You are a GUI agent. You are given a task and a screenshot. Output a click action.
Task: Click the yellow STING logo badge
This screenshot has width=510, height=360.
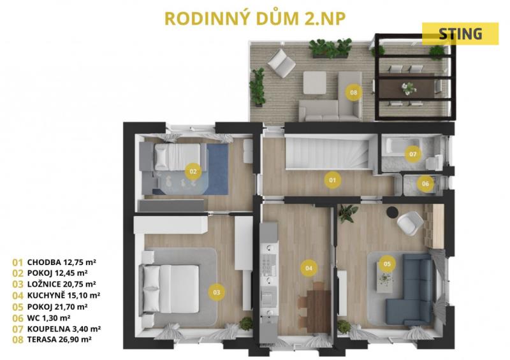pos(460,34)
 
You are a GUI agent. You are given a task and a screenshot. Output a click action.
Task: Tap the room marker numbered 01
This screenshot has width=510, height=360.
pos(332,180)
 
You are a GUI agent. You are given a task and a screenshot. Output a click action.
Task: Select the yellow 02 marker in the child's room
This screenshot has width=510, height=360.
pos(193,171)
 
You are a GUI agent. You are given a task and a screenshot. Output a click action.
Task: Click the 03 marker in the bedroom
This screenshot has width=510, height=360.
pos(217,292)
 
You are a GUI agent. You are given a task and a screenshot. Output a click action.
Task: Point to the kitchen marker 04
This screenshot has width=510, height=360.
pos(309,268)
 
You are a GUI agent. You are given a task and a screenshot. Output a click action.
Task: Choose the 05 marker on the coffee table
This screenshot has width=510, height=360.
pos(387,264)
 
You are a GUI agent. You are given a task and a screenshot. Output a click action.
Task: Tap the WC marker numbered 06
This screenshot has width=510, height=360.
pos(425,184)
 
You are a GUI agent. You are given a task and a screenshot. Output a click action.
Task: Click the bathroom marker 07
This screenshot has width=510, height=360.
pos(412,154)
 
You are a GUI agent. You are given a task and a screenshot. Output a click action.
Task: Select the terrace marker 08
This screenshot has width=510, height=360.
pos(354,92)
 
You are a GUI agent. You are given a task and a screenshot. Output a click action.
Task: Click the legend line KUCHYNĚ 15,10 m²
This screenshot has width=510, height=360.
pos(64,295)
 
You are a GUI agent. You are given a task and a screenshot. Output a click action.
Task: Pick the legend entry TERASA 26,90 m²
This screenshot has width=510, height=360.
pos(59,340)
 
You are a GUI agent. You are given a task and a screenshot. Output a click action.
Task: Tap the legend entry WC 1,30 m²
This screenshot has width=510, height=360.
pos(49,317)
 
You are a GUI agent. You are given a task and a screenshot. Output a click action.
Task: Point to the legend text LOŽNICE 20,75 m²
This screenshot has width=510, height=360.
pos(61,284)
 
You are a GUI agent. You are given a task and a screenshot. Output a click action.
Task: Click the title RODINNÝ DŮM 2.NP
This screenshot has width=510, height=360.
pos(255,18)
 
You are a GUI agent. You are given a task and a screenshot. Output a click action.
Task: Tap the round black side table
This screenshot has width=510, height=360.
pos(392,212)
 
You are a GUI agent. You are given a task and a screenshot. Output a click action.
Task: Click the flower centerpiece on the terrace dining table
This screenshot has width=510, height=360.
pos(409,88)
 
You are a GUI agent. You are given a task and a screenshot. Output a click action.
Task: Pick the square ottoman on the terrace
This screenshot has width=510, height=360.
pos(315,83)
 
